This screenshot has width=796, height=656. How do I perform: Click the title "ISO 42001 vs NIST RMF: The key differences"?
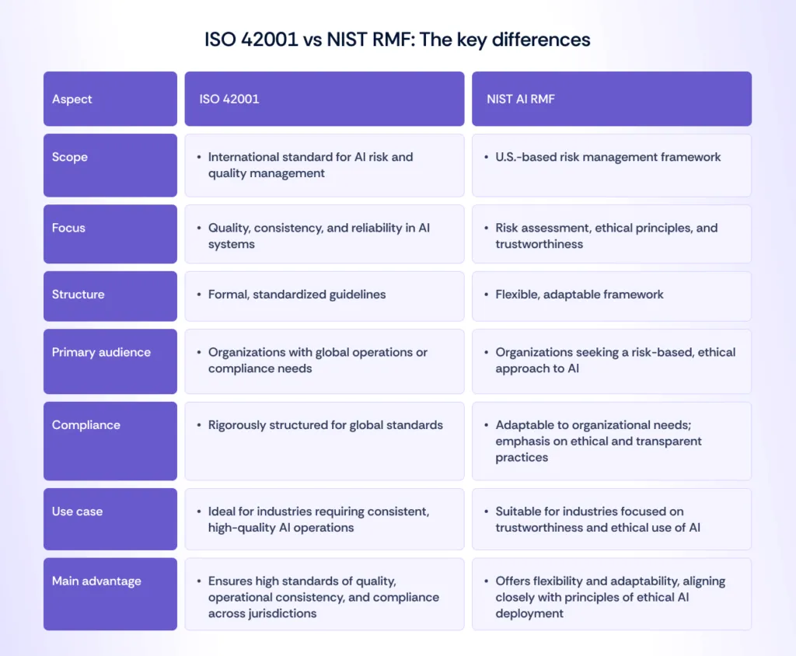point(397,40)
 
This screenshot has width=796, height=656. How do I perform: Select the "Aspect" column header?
point(72,99)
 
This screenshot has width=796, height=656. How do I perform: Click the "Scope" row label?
point(70,157)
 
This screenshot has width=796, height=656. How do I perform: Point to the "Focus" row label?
point(69,228)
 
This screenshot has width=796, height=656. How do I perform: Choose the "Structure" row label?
point(78,295)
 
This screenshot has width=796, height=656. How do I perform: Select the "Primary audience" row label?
point(101,352)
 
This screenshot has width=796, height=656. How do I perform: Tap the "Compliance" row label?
point(86,425)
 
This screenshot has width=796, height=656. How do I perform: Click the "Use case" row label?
point(77,511)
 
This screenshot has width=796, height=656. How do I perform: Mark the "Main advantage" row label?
point(96,581)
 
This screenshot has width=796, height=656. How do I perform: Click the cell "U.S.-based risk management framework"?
point(608,157)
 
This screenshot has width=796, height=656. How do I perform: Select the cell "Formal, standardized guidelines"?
point(297,295)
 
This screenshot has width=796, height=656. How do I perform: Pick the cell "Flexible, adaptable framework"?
point(579,295)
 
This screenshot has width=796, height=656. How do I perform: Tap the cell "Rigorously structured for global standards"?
point(325,425)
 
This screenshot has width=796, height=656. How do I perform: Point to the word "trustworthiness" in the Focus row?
point(539,244)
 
